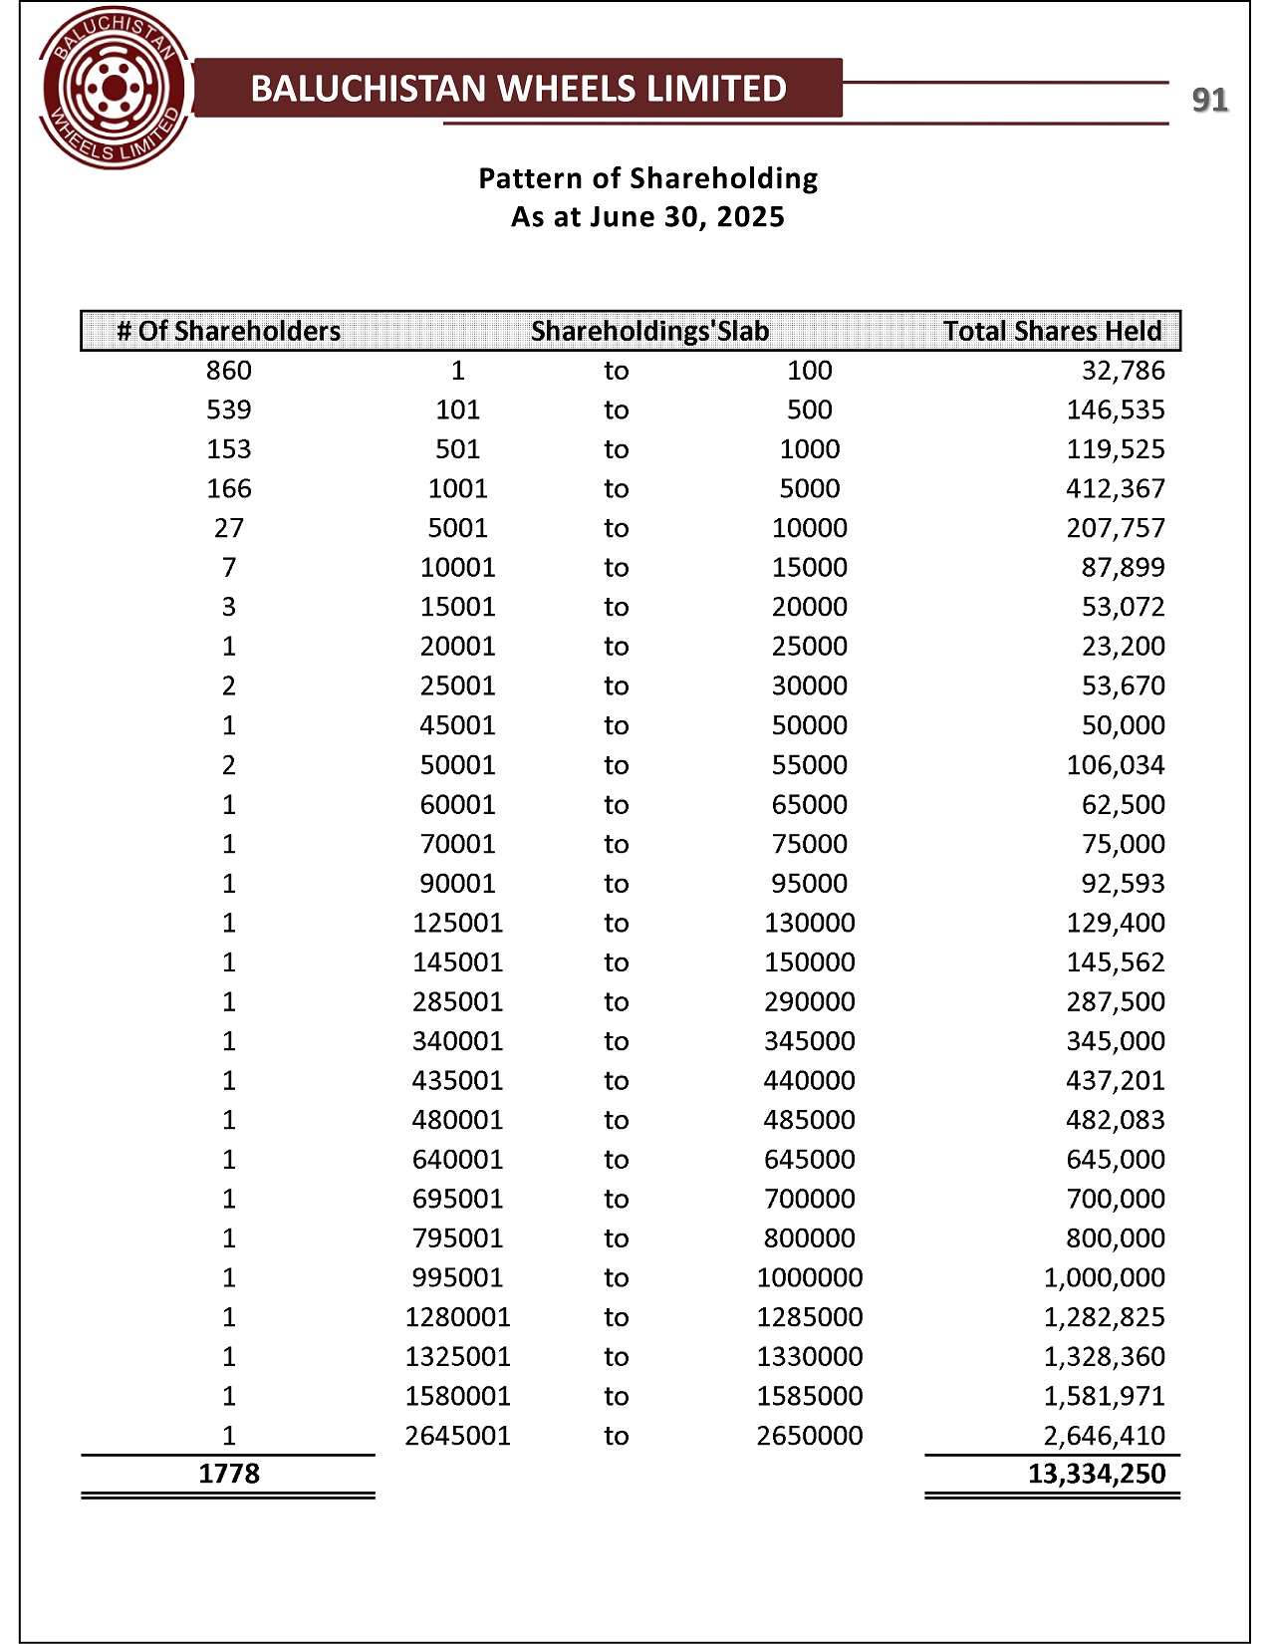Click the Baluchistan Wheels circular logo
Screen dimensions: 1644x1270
(x=115, y=91)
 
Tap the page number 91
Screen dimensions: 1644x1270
(x=1209, y=100)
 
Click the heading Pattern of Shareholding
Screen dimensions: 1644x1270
(x=647, y=178)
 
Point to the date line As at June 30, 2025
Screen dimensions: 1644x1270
(x=647, y=217)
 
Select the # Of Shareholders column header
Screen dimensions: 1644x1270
(x=229, y=331)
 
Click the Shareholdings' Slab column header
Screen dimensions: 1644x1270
(x=649, y=331)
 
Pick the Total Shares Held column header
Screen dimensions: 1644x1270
(x=1052, y=331)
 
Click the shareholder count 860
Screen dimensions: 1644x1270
(x=229, y=371)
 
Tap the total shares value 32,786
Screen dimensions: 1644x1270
(x=1123, y=371)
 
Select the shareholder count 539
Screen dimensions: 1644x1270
(x=229, y=410)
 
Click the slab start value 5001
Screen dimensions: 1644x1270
(x=457, y=528)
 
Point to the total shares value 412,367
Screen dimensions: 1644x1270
(x=1116, y=488)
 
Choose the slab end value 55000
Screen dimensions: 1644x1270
(x=809, y=765)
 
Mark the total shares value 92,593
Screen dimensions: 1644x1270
(x=1123, y=884)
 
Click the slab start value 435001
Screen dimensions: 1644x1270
(x=457, y=1081)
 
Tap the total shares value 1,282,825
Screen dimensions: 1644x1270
(x=1104, y=1317)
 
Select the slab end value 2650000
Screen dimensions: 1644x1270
(x=809, y=1436)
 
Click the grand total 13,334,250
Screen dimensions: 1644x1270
(x=1096, y=1474)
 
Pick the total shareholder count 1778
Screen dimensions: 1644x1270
(x=229, y=1474)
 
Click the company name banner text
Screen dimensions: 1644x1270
(x=518, y=89)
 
